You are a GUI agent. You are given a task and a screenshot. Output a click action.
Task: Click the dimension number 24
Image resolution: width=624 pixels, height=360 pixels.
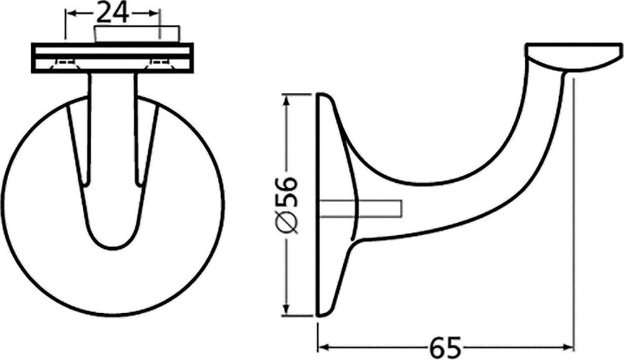coord(113,12)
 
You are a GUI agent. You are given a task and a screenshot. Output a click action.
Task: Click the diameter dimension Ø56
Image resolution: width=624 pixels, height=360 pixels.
coord(286,204)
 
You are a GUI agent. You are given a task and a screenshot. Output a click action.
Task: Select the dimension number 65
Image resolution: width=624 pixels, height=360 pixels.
coord(446,348)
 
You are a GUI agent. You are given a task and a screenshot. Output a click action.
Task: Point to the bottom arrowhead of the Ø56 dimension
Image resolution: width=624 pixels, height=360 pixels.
coord(285,309)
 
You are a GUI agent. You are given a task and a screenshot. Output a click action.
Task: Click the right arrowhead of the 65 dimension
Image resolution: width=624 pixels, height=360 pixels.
coord(568,348)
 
